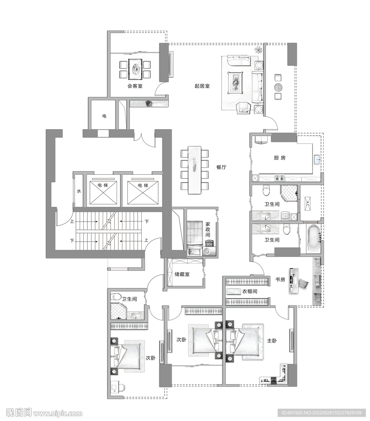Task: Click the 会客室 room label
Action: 135,86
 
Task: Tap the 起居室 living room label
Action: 202,86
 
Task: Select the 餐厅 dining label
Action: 221,167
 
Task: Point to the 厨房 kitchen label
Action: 280,158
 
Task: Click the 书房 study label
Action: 280,280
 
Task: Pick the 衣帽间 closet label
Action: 250,291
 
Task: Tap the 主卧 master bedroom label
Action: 272,341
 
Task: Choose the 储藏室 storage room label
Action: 182,274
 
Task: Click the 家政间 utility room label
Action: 208,229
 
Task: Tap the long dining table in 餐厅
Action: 194,170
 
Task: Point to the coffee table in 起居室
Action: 235,83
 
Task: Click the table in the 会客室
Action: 135,69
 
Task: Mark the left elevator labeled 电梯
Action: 103,192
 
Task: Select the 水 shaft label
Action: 79,192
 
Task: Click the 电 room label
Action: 104,116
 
